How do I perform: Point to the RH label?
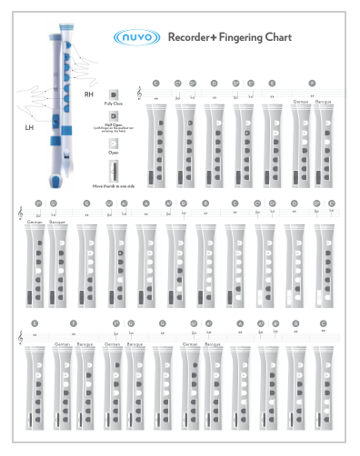click(89, 94)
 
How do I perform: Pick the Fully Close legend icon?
click(114, 94)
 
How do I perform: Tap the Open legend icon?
click(114, 143)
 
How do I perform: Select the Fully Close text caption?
click(114, 106)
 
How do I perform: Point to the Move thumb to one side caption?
click(114, 185)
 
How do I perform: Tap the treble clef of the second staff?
click(20, 213)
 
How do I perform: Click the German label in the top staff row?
click(301, 101)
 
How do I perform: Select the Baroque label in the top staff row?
click(323, 101)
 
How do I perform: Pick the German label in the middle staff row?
click(35, 222)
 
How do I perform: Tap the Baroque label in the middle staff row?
click(57, 222)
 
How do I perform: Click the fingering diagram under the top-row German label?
click(301, 145)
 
